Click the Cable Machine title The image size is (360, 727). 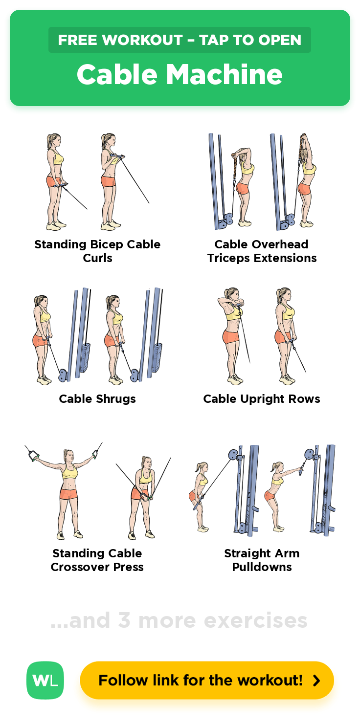(180, 74)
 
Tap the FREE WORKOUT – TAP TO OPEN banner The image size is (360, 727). (180, 40)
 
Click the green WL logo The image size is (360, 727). (45, 680)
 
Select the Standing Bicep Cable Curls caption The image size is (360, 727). (97, 251)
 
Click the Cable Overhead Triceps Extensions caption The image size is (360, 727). (262, 251)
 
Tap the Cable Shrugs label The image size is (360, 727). (97, 398)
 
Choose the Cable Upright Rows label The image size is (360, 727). (262, 398)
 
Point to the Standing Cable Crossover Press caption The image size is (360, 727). (97, 560)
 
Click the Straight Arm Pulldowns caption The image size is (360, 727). (262, 560)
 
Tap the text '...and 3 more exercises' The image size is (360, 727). (179, 620)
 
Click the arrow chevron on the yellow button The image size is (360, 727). (316, 680)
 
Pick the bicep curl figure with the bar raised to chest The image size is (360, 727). (112, 182)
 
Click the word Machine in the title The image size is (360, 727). (225, 74)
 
